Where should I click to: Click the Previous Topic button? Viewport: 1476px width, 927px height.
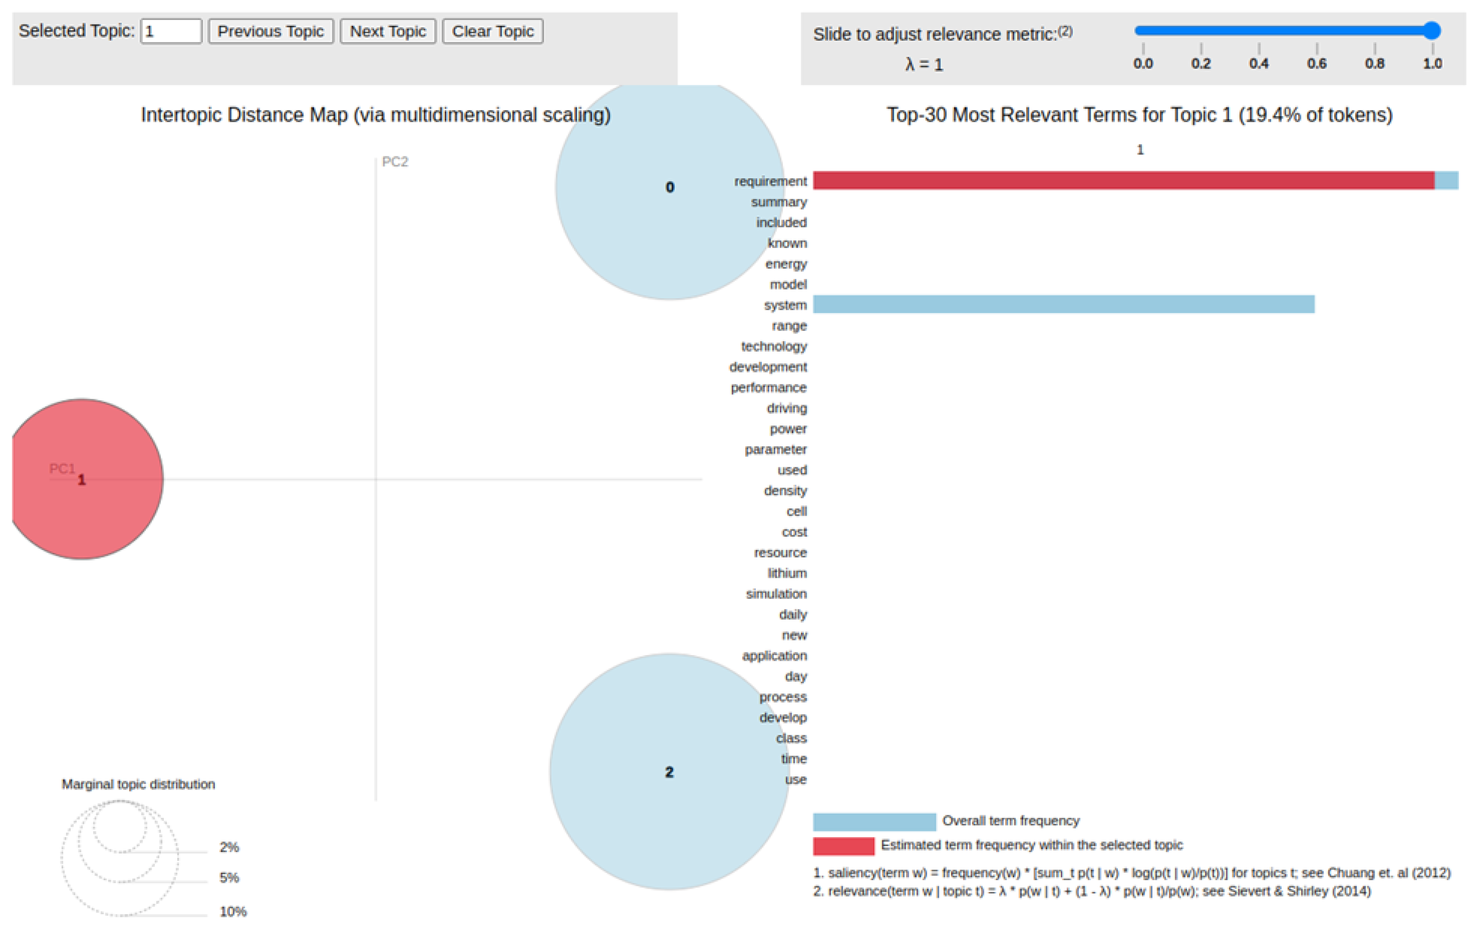pyautogui.click(x=270, y=31)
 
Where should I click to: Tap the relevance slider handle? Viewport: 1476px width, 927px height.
pyautogui.click(x=1432, y=31)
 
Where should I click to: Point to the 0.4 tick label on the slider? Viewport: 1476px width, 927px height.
pyautogui.click(x=1258, y=63)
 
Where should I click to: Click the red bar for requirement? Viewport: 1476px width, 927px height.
pyautogui.click(x=1123, y=180)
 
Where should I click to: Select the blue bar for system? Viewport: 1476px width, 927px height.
pyautogui.click(x=1064, y=304)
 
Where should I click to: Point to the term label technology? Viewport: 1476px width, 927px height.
pyautogui.click(x=774, y=346)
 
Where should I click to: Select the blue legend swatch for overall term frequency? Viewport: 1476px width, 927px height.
pyautogui.click(x=874, y=821)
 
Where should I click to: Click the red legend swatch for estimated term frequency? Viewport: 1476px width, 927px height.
pyautogui.click(x=843, y=846)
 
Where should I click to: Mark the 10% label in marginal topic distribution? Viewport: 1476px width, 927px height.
pyautogui.click(x=233, y=912)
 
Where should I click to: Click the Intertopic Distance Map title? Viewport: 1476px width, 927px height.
pyautogui.click(x=376, y=115)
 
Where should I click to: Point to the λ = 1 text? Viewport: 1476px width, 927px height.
pyautogui.click(x=924, y=64)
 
